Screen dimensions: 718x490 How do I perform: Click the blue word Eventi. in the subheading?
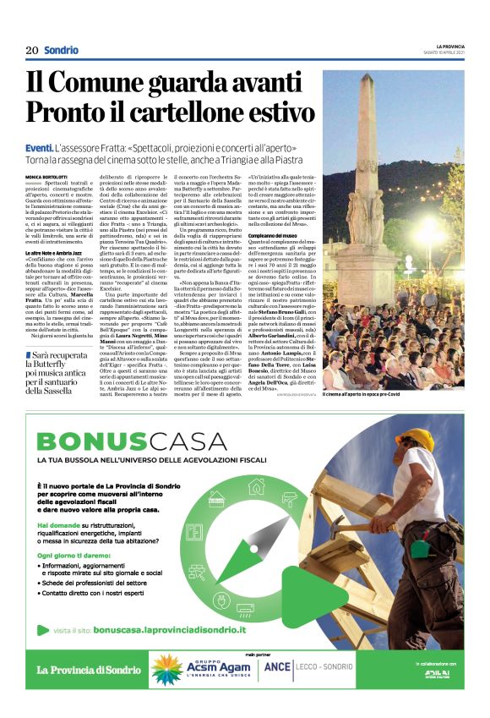(41, 148)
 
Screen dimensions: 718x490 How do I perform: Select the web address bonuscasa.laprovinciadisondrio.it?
(170, 629)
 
